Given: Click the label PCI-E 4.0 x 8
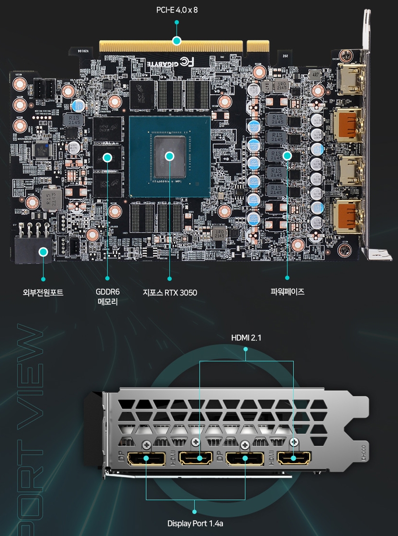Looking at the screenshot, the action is click(177, 10).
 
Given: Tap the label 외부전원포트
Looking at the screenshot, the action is click(43, 292).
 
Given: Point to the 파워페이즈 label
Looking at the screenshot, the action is click(287, 291).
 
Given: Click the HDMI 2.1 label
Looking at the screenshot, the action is click(246, 338).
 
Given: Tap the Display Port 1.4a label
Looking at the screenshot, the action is click(195, 524).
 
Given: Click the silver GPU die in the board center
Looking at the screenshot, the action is click(169, 156).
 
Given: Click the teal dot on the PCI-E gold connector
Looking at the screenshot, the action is click(177, 41).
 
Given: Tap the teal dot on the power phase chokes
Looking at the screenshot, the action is click(287, 156).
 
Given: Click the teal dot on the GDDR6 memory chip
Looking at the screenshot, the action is click(108, 156).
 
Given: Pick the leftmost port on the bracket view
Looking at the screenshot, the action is click(146, 459).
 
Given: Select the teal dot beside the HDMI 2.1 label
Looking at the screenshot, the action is click(246, 349).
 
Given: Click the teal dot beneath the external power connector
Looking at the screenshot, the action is click(43, 279).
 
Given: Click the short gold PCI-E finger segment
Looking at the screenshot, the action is click(258, 46).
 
